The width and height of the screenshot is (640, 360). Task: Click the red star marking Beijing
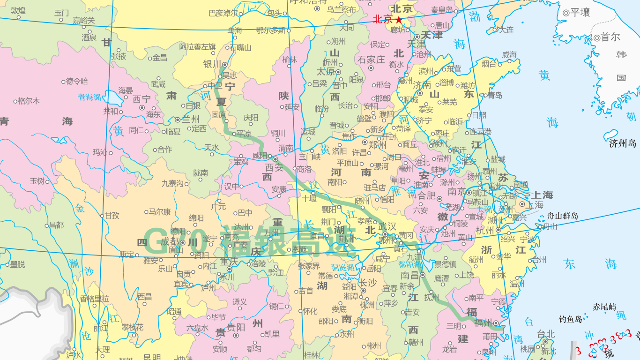pyautogui.click(x=399, y=20)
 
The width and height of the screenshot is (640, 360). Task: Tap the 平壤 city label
pyautogui.click(x=580, y=13)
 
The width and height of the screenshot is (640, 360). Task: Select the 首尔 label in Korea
pyautogui.click(x=610, y=37)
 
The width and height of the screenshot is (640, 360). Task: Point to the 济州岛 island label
pyautogui.click(x=623, y=143)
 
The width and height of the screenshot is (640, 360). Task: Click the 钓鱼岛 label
pyautogui.click(x=570, y=319)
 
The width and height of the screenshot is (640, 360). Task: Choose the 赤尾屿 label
pyautogui.click(x=604, y=307)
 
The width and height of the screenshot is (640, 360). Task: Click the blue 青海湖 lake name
pyautogui.click(x=89, y=97)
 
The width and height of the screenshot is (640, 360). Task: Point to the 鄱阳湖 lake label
pyautogui.click(x=411, y=264)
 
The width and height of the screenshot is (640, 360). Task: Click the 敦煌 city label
pyautogui.click(x=18, y=10)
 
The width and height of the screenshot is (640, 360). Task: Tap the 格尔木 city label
pyautogui.click(x=29, y=101)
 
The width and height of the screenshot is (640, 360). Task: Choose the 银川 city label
pyautogui.click(x=212, y=64)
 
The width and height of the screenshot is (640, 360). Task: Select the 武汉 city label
pyautogui.click(x=387, y=226)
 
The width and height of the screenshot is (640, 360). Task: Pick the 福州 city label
pyautogui.click(x=483, y=322)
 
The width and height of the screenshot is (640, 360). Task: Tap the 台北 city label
pyautogui.click(x=546, y=334)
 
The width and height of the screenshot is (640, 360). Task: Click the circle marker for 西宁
pyautogui.click(x=142, y=107)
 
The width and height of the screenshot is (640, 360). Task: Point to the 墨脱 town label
pyautogui.click(x=17, y=264)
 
